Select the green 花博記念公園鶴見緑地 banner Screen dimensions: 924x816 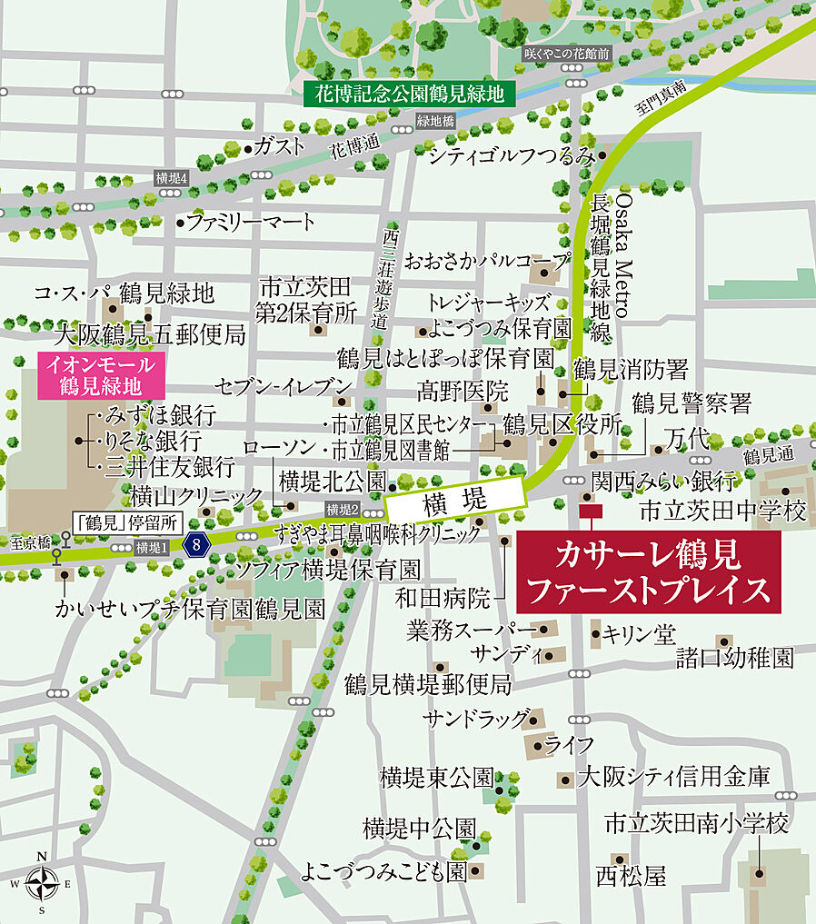click(x=409, y=93)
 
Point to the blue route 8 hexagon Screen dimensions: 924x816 click(x=196, y=545)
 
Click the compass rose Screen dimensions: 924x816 click(x=42, y=882)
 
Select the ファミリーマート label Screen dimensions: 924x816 click(x=251, y=221)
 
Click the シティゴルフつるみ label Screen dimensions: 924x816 click(x=512, y=155)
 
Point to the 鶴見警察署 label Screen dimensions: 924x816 click(x=692, y=401)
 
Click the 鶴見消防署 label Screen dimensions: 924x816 click(x=630, y=370)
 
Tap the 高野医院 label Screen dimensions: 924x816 click(x=463, y=392)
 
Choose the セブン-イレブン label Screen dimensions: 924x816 click(x=282, y=385)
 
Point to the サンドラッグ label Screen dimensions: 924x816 click(x=475, y=719)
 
